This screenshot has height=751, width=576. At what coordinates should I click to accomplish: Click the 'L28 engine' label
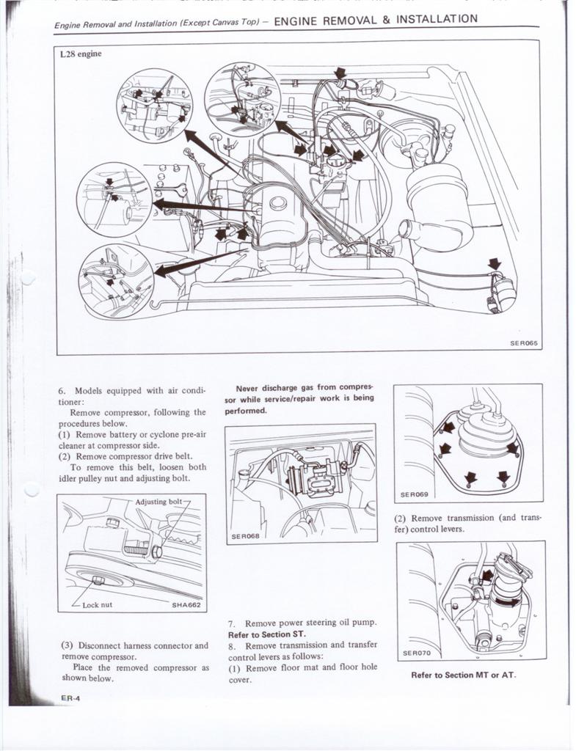tap(80, 54)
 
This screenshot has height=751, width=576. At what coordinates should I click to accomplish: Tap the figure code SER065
tap(525, 342)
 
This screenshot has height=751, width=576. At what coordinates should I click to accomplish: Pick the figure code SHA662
tap(186, 605)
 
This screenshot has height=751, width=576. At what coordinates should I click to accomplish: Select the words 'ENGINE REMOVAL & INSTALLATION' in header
tap(375, 20)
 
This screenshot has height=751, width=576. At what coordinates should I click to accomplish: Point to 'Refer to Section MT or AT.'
tap(463, 675)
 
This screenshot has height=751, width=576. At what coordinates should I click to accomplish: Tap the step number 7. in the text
tap(232, 623)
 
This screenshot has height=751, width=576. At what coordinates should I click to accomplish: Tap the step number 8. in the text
tap(232, 645)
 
